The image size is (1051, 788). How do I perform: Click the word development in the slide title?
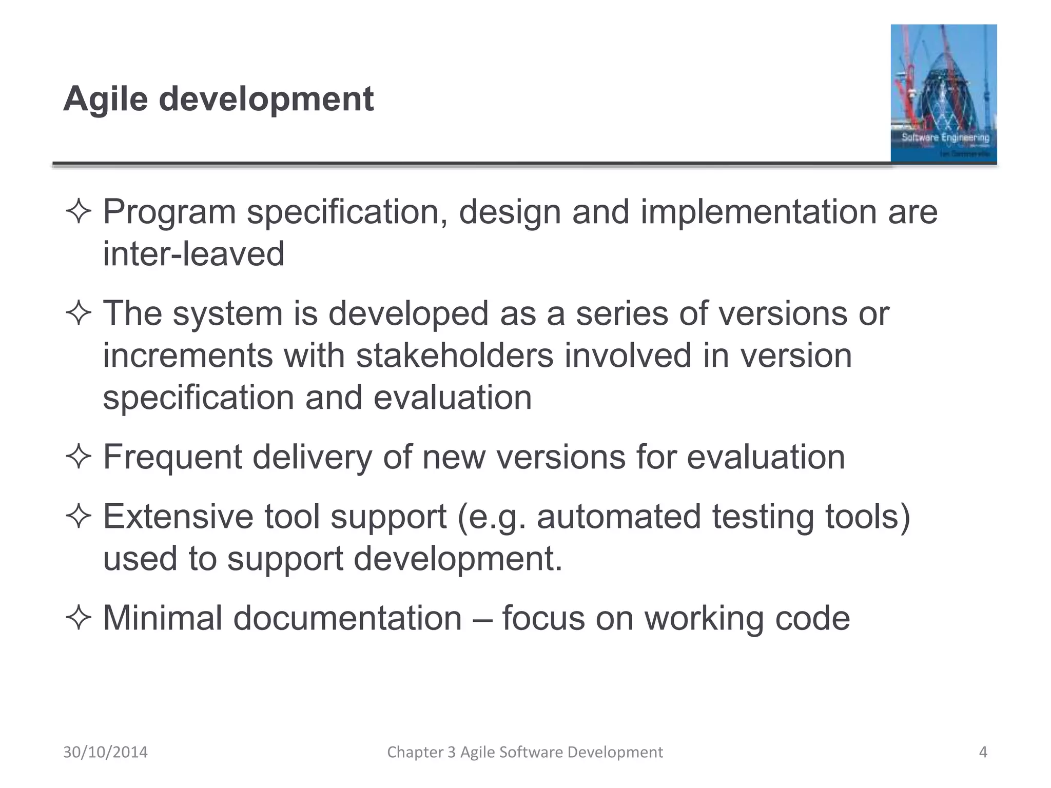point(266,98)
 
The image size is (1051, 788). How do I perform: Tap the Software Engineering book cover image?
point(943,93)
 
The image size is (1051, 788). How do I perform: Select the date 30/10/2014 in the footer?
point(105,752)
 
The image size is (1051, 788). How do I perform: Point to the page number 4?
point(983,752)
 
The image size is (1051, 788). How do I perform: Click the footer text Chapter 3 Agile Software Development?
point(524,752)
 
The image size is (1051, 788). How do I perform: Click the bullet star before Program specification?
point(79,211)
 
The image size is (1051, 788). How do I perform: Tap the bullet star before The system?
point(79,313)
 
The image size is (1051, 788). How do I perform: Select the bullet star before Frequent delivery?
point(79,457)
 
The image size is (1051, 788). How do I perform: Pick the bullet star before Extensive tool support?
point(79,516)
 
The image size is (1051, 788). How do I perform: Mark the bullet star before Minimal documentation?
point(79,618)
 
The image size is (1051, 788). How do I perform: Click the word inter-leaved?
point(193,253)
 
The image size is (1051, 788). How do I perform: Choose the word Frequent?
point(172,457)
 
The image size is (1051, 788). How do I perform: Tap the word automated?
point(618,516)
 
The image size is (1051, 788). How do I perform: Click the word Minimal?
point(163,618)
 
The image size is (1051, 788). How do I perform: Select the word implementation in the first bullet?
point(758,211)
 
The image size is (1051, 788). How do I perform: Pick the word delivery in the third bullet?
point(312,457)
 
